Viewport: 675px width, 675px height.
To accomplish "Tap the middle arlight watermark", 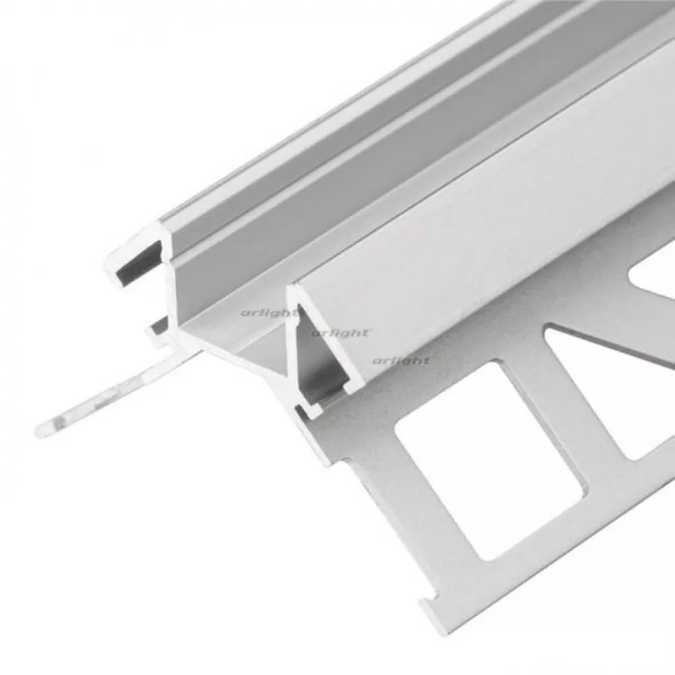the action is pos(340,333).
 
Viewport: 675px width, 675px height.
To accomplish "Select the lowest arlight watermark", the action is pos(401,360).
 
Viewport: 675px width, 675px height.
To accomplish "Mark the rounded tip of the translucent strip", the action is pos(43,429).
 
